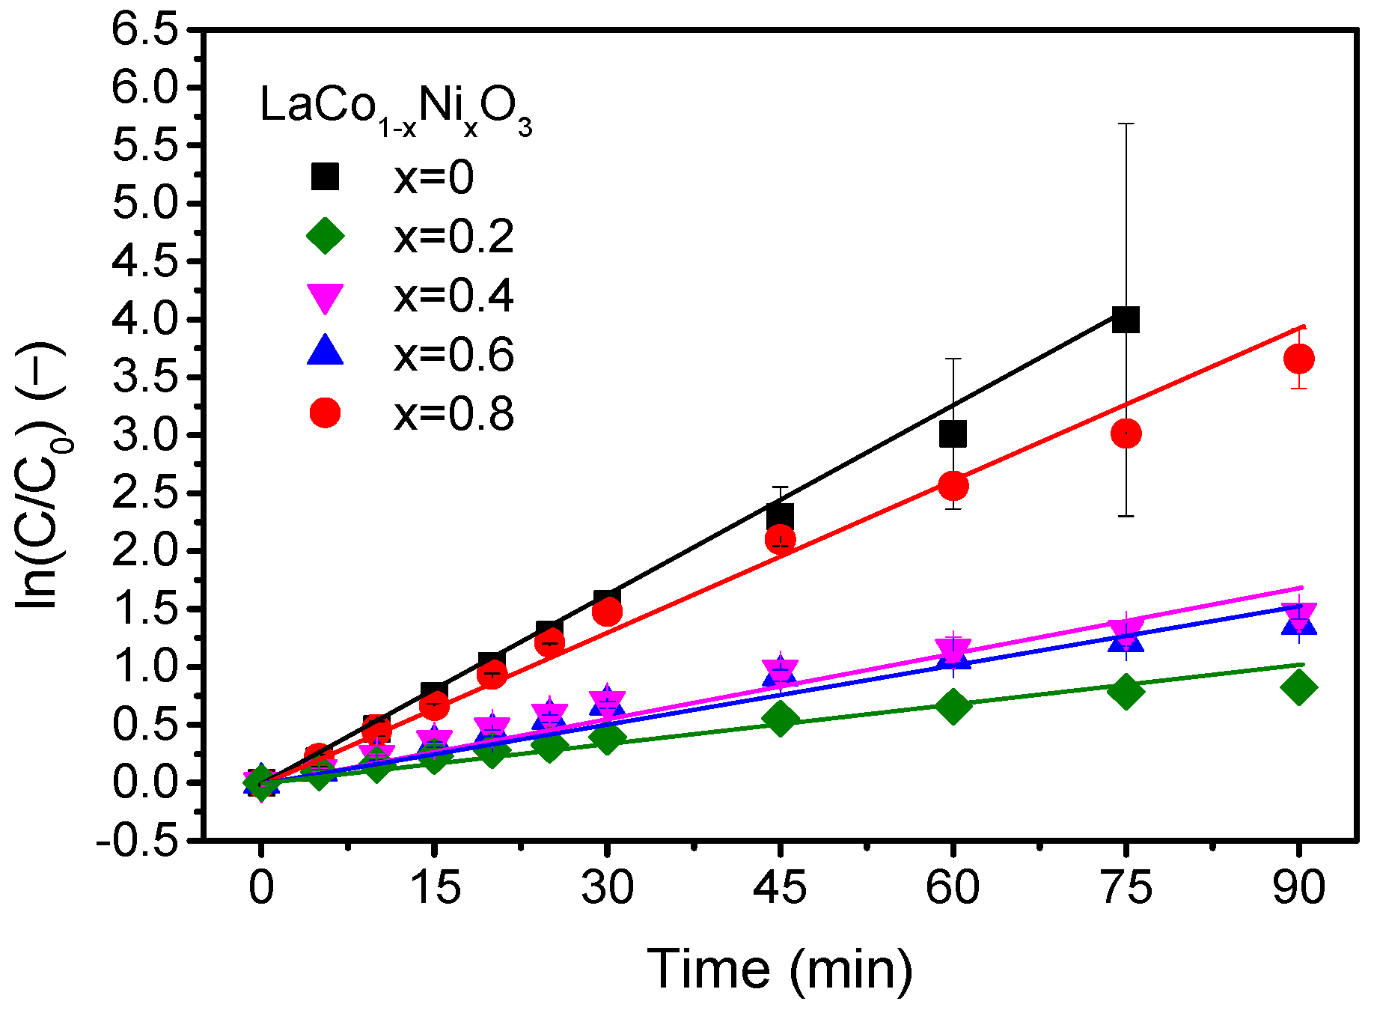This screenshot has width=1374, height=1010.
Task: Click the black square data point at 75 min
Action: tap(1126, 320)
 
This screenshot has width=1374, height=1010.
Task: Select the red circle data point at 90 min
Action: tap(1298, 359)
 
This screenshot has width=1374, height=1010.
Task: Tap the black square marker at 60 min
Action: tap(953, 433)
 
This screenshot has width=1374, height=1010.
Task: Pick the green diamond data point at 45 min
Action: tap(780, 719)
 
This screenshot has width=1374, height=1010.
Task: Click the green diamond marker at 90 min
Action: tap(1298, 687)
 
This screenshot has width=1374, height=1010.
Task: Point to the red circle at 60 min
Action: tap(953, 486)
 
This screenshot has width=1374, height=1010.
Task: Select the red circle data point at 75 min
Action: tap(1126, 433)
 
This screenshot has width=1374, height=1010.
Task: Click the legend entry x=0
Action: tap(434, 178)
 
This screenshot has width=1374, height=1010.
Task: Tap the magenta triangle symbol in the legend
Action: tap(326, 297)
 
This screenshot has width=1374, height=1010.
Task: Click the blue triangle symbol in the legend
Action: tap(326, 352)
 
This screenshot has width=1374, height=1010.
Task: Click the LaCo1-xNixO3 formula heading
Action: tap(395, 109)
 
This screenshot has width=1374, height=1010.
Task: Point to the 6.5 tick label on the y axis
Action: tap(155, 30)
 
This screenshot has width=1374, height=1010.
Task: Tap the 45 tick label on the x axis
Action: tap(780, 888)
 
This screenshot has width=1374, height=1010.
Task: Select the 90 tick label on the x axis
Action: tap(1298, 888)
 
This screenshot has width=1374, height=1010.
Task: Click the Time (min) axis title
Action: tap(780, 970)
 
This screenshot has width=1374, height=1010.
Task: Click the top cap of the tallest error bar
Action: tap(1126, 124)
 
